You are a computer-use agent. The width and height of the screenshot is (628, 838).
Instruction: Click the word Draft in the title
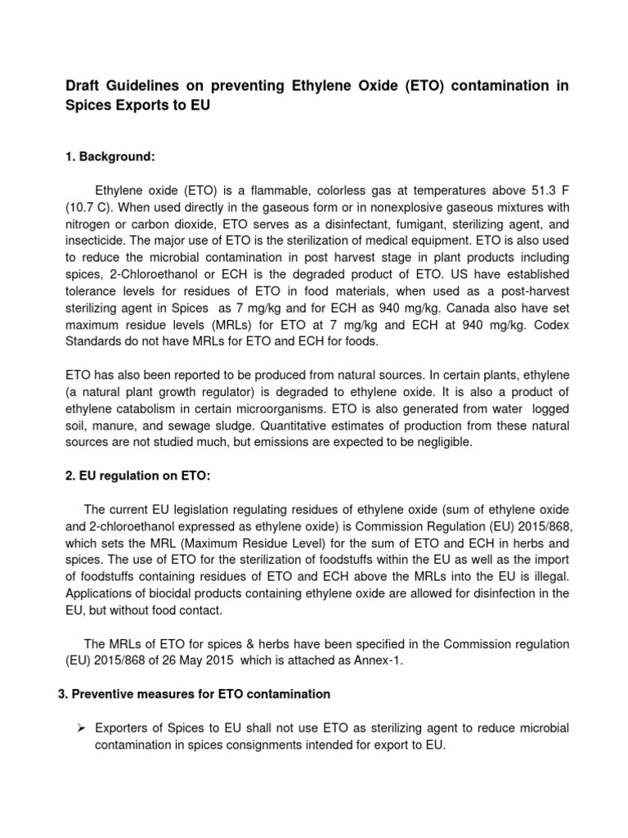pos(84,87)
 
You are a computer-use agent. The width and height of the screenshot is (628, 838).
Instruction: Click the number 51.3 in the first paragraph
pos(536,191)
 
